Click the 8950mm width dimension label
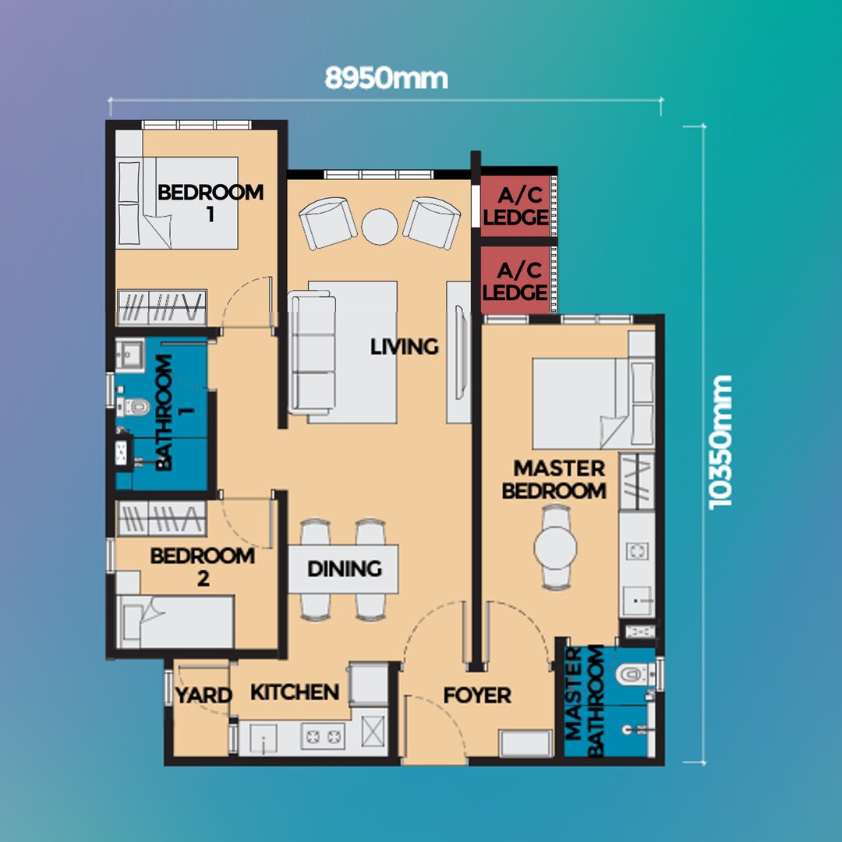point(386,79)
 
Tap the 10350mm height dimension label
point(720,442)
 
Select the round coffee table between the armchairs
point(380,227)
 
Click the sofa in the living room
point(312,352)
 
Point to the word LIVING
point(405,347)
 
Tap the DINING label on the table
point(345,568)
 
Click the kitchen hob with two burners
point(323,736)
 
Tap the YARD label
point(203,695)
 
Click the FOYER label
point(477,695)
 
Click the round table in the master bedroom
point(555,548)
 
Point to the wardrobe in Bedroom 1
point(161,308)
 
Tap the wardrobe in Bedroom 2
point(161,518)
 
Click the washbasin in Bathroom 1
point(130,355)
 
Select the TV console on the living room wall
point(459,352)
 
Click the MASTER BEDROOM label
point(554,479)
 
